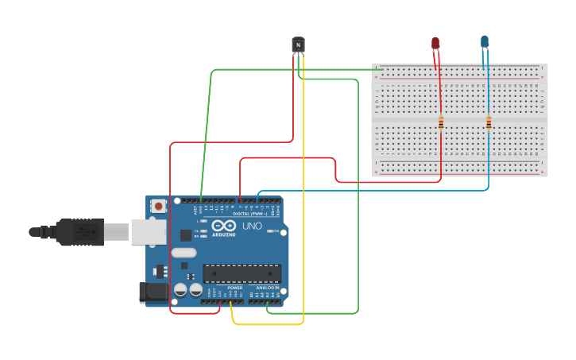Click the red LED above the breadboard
click(x=435, y=43)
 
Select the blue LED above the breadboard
click(x=485, y=41)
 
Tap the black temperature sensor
click(x=299, y=45)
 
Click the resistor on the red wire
click(x=441, y=122)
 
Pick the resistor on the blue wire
click(x=489, y=122)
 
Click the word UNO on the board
click(x=252, y=226)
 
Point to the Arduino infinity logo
click(x=223, y=226)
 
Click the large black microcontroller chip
click(x=242, y=273)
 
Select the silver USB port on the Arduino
click(x=149, y=231)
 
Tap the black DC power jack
click(x=154, y=292)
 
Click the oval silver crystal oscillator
click(x=183, y=254)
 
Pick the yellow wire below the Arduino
click(x=266, y=324)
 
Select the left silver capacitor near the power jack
click(x=180, y=289)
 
